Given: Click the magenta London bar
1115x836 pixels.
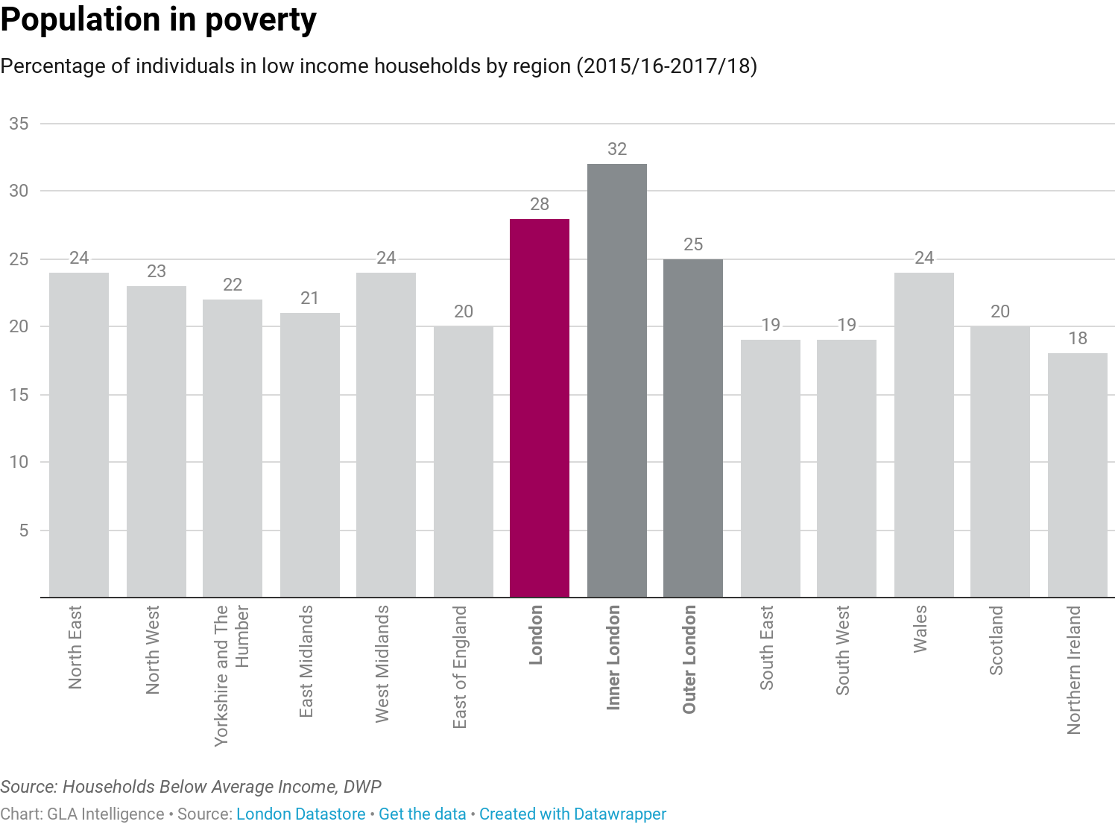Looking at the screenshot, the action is [540, 408].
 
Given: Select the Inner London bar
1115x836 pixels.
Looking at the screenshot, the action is [617, 381].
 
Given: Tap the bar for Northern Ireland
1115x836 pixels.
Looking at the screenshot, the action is [1078, 475].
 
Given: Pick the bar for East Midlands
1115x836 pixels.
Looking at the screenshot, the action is [310, 455].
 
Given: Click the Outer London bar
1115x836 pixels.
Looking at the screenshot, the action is [693, 428].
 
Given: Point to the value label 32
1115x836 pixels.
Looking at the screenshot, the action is [617, 149].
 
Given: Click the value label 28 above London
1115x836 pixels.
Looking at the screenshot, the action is [540, 204].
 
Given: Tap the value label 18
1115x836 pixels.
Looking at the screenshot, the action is [1078, 338].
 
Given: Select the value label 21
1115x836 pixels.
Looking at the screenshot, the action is [310, 298].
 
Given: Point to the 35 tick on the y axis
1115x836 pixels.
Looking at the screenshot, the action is [19, 124].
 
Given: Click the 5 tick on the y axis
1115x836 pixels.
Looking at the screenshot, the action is [24, 531].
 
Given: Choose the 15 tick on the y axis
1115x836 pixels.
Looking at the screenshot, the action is [19, 395].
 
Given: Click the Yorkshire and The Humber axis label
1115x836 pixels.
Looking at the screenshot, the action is [232, 676].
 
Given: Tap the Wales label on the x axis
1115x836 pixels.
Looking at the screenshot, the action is [920, 629].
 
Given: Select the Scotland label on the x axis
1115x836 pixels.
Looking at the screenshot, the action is [996, 640].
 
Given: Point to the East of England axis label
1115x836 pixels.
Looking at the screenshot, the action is [459, 667].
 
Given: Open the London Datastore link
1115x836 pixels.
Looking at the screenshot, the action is [300, 814].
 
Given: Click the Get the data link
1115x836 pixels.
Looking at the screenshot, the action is [422, 814].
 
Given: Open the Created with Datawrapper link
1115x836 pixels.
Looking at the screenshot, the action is [572, 814].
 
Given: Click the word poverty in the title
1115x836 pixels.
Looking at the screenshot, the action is [261, 20].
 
